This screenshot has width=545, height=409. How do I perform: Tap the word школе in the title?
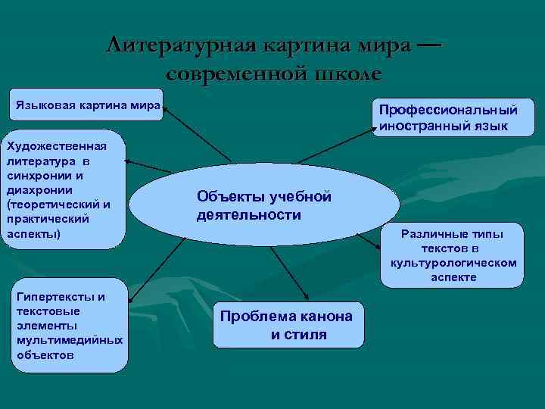click(344, 74)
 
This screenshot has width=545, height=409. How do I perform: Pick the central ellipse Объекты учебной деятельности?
click(264, 206)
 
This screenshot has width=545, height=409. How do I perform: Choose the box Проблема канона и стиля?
click(288, 325)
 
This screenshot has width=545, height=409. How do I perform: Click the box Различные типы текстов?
click(453, 255)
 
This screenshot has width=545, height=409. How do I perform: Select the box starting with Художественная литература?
click(63, 192)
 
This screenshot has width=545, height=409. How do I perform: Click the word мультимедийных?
click(69, 340)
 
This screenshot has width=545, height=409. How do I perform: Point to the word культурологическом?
click(453, 263)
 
